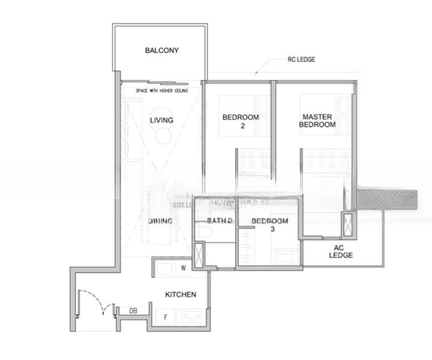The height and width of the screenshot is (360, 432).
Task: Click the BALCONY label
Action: (161, 50)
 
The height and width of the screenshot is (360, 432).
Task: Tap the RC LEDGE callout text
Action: (301, 59)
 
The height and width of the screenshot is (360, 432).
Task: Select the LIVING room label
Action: (161, 121)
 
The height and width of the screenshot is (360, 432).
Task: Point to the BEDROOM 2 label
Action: (241, 121)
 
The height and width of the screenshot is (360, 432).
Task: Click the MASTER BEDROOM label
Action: (318, 121)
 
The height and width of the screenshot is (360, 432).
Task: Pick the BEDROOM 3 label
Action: (269, 225)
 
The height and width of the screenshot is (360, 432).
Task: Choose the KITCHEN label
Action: (181, 295)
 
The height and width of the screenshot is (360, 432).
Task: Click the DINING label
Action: (160, 221)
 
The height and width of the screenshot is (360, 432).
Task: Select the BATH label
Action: (219, 221)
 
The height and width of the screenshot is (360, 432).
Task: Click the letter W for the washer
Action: (183, 268)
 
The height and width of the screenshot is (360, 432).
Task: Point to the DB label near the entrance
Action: (133, 311)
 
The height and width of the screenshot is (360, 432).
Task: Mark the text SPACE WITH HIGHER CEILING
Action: (161, 91)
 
